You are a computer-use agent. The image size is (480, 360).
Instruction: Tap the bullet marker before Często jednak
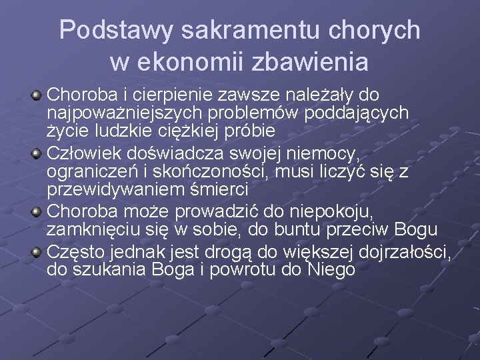coord(38,254)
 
